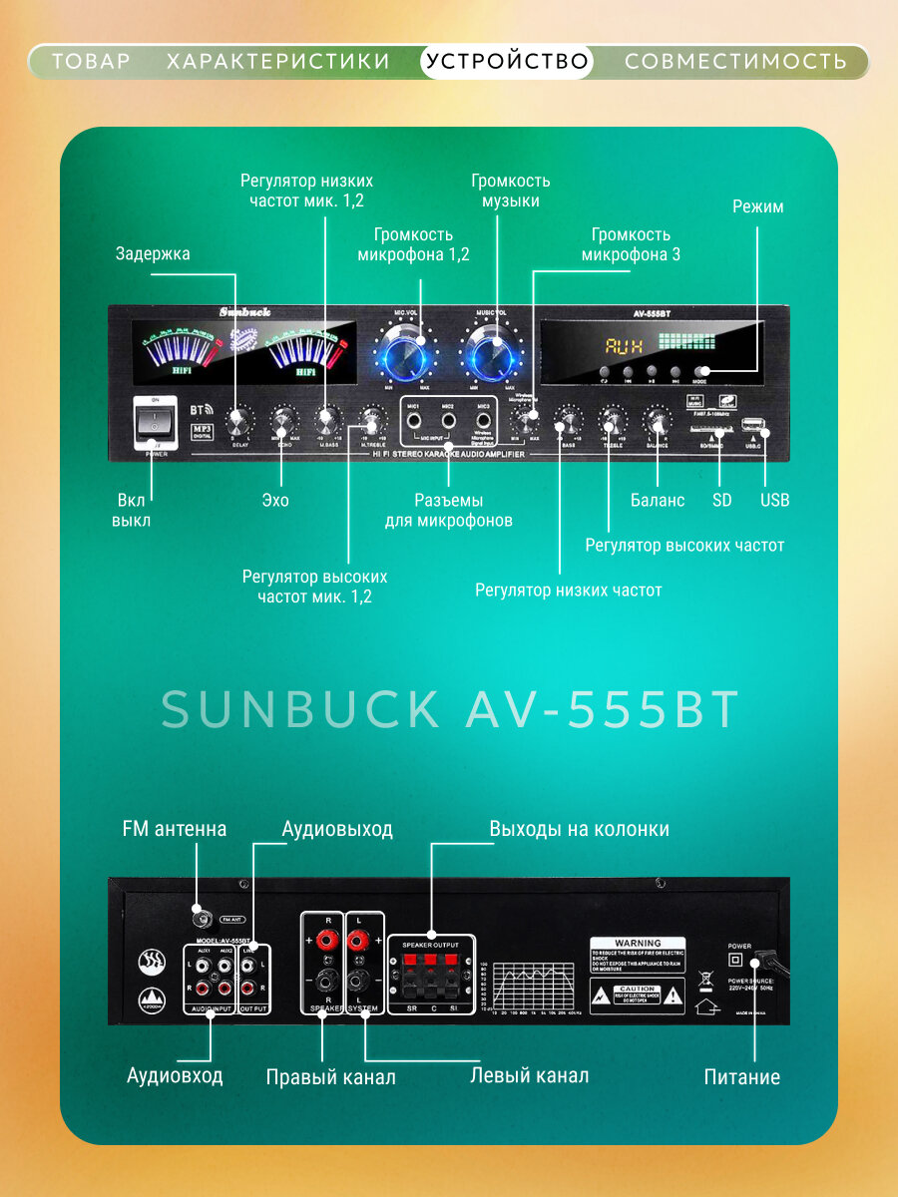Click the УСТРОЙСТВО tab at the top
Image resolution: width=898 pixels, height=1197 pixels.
point(507,62)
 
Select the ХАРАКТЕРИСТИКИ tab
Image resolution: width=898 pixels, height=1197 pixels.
point(278,62)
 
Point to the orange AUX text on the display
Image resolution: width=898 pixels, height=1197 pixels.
point(624,347)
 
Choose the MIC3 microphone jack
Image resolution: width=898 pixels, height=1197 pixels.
point(484,422)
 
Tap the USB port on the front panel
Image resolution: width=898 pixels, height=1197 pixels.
point(753,432)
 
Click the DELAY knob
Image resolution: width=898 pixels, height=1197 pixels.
point(239,420)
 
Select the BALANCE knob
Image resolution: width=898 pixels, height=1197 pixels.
point(657,420)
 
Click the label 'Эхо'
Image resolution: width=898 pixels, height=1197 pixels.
point(274,500)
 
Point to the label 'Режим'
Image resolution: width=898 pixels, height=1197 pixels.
point(757,207)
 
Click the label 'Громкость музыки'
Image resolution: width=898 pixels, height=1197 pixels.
point(511,191)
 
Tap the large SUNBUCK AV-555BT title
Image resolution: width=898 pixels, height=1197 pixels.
point(450,709)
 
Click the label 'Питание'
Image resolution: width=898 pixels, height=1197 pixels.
point(741,1076)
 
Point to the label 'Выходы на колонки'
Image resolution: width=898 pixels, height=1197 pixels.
point(579,829)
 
